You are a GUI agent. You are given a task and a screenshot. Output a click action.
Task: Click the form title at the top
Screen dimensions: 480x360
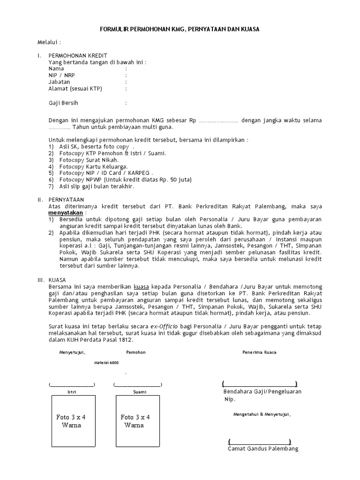click(x=180, y=30)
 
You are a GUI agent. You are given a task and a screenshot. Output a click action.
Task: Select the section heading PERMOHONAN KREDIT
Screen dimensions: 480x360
click(x=74, y=55)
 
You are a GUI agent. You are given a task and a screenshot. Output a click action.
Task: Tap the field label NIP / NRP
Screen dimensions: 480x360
click(x=61, y=75)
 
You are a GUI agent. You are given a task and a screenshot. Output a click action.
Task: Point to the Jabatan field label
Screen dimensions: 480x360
click(x=59, y=82)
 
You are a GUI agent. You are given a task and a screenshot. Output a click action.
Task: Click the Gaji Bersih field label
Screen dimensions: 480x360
click(x=63, y=103)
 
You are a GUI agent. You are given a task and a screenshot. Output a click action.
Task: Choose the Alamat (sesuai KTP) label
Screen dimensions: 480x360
click(x=75, y=88)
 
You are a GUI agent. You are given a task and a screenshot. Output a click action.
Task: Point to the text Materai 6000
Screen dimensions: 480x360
click(x=106, y=363)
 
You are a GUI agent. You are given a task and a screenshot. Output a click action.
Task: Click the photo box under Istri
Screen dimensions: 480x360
click(x=73, y=421)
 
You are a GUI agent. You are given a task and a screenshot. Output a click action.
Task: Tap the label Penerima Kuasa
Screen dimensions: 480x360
click(x=259, y=352)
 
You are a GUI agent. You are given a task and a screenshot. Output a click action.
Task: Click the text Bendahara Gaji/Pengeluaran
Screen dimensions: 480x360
click(x=262, y=391)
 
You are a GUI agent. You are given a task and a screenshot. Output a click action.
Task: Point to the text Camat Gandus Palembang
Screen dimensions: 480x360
click(x=263, y=449)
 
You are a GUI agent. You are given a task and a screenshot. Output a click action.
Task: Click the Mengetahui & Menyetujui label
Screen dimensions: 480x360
click(x=262, y=414)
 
